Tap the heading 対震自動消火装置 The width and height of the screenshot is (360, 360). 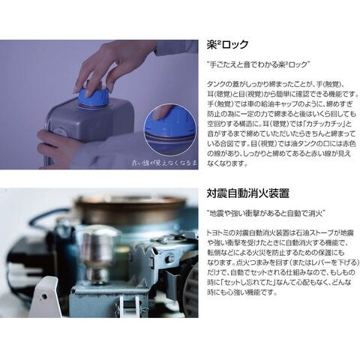[x=247, y=193]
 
